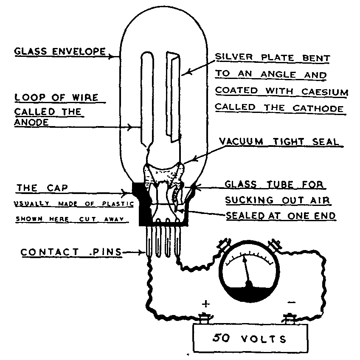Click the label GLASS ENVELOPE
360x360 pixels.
[x=59, y=52]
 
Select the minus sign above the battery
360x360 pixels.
[x=291, y=302]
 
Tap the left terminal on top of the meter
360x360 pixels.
[x=223, y=245]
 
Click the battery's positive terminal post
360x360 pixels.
[x=205, y=318]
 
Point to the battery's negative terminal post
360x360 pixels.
[x=290, y=318]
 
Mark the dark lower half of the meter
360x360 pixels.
[x=250, y=293]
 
